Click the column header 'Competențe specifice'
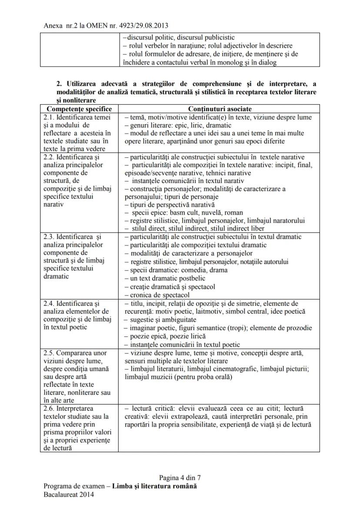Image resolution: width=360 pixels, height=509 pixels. click(x=79, y=109)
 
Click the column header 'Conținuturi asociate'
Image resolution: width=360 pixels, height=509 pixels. click(x=220, y=109)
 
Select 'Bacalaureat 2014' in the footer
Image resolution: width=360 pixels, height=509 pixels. click(x=68, y=494)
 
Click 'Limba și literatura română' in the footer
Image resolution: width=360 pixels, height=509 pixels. click(x=154, y=486)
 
